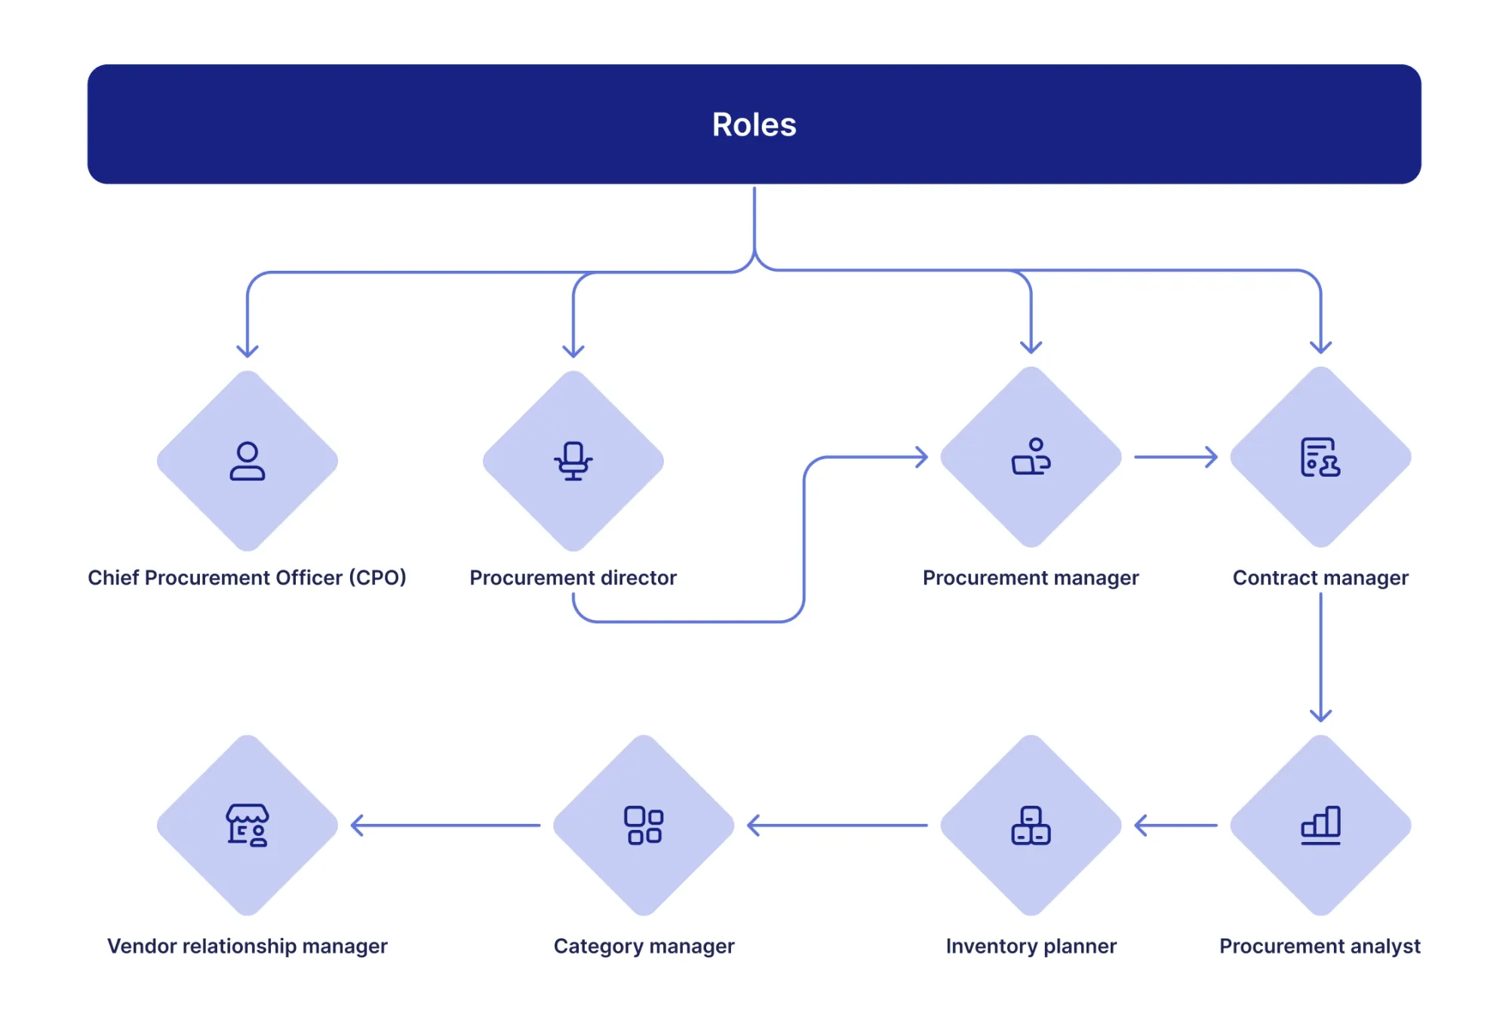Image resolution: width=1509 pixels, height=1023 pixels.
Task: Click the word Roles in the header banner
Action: pyautogui.click(x=754, y=124)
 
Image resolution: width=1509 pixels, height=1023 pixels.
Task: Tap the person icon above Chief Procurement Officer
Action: pyautogui.click(x=247, y=461)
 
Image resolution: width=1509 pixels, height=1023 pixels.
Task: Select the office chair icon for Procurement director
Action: pyautogui.click(x=573, y=461)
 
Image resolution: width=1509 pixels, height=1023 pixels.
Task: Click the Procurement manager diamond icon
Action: pyautogui.click(x=1031, y=457)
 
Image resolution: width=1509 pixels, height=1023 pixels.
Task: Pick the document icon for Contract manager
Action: pyautogui.click(x=1320, y=457)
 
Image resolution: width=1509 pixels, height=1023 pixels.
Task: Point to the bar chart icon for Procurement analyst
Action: pyautogui.click(x=1320, y=825)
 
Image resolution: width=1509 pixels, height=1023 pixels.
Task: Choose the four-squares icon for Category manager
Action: pyautogui.click(x=644, y=825)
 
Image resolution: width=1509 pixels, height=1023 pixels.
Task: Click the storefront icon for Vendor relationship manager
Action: pyautogui.click(x=247, y=825)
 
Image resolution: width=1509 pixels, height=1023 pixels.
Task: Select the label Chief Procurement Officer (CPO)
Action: pyautogui.click(x=247, y=578)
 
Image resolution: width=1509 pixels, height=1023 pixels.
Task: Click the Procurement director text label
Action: pyautogui.click(x=573, y=578)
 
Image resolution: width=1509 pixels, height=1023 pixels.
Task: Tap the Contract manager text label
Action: pyautogui.click(x=1320, y=578)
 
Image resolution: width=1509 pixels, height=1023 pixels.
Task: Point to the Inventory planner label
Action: pyautogui.click(x=1031, y=946)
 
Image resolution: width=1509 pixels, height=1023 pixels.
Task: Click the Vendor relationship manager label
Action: pyautogui.click(x=247, y=946)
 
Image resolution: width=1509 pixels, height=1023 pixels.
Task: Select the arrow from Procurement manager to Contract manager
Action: pyautogui.click(x=1176, y=457)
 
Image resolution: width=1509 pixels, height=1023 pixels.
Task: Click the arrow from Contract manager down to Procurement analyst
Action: pyautogui.click(x=1320, y=656)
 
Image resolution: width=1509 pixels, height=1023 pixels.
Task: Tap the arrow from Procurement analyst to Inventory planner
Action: pyautogui.click(x=1176, y=825)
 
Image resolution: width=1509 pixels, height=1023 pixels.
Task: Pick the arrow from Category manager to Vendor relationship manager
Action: pyautogui.click(x=445, y=825)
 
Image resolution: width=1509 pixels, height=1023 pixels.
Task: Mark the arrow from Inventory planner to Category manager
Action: pyautogui.click(x=837, y=825)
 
